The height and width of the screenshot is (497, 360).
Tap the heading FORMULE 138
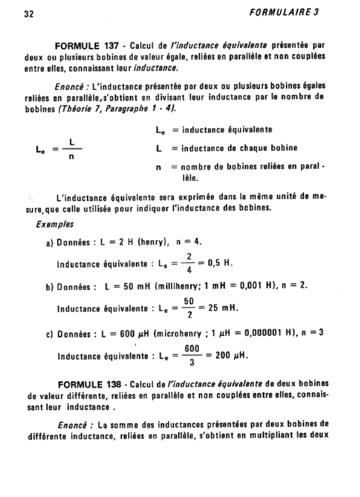click(89, 385)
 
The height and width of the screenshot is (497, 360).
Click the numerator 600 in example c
click(192, 348)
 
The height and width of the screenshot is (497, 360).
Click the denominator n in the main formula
click(71, 157)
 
